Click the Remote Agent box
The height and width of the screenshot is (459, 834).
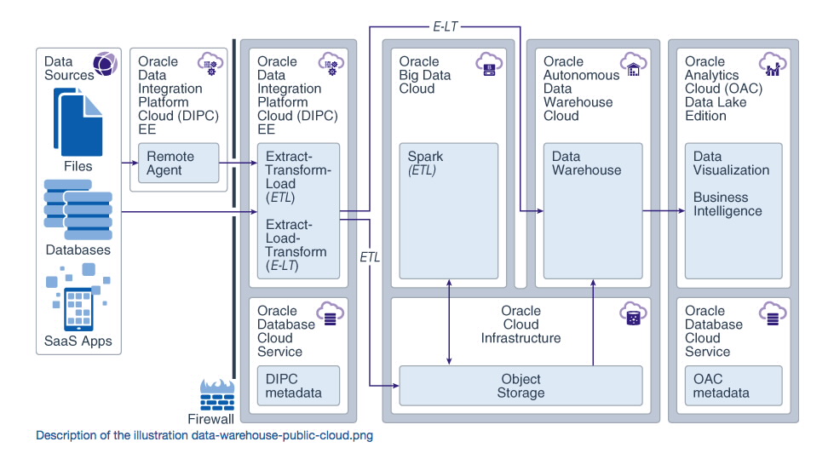coord(179,164)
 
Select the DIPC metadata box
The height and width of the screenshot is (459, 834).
coord(297,386)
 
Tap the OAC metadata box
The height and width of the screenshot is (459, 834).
coord(733,386)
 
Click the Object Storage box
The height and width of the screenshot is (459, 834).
coord(521,386)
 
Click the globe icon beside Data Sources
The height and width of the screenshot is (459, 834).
coord(105,64)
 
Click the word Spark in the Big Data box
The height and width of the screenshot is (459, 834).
coord(425,157)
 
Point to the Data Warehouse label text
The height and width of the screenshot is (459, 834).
coord(586,164)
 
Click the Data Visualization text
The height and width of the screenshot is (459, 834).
coord(731,164)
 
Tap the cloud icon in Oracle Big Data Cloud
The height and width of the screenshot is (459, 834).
coord(489,66)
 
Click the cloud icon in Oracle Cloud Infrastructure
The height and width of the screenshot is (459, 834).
coord(632,314)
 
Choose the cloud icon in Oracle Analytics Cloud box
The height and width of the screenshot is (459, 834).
coord(775,66)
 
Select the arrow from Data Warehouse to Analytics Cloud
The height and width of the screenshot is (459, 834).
coord(664,210)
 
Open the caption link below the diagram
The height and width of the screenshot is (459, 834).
coord(204,435)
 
